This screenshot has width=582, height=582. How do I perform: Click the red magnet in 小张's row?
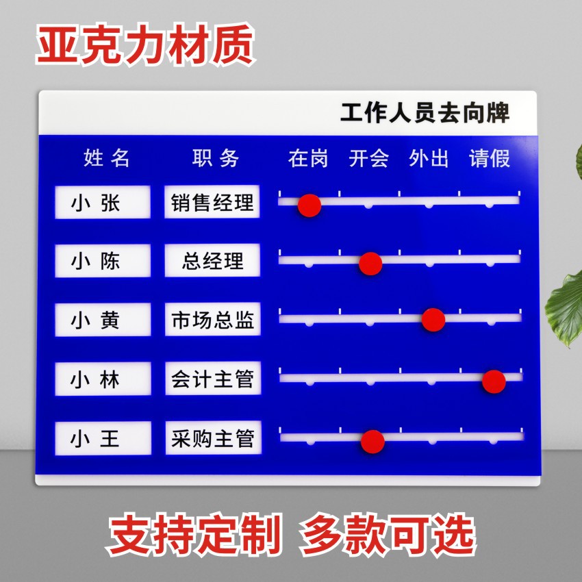309,205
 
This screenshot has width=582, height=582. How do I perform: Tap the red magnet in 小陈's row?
370,263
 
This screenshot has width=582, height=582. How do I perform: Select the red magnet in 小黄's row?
433,320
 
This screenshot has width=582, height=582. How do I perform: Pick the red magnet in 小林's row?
494,381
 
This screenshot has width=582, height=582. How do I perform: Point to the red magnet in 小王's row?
372,442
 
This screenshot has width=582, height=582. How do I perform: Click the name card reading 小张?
103,203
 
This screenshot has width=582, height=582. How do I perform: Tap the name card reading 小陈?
103,261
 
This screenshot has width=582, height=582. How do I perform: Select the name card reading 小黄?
103,320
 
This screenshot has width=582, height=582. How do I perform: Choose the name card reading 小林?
103,379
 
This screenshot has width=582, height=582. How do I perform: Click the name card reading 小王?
103,438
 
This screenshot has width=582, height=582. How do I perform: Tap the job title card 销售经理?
212,203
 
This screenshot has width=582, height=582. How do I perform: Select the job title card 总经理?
212,261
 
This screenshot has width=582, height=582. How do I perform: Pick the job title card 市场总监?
212,320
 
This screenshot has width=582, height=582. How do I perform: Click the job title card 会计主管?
212,379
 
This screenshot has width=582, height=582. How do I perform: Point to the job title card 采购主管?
212,438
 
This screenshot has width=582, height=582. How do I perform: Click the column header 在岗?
308,159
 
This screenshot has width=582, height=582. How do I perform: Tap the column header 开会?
368,159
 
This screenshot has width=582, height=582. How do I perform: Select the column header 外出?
429,159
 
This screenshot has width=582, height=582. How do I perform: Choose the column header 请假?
490,159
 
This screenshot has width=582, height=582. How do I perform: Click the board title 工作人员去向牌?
425,112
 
